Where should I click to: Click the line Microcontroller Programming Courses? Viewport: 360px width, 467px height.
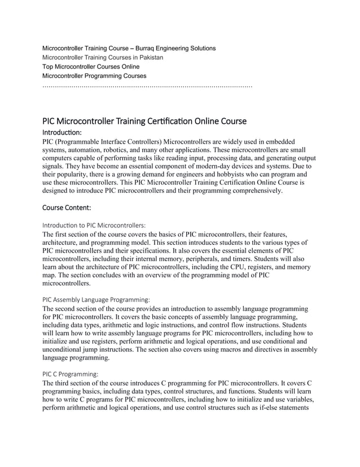click(x=94, y=76)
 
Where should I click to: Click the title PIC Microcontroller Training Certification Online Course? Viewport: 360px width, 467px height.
click(x=144, y=122)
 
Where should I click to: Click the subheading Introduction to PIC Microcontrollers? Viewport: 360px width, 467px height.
click(x=94, y=225)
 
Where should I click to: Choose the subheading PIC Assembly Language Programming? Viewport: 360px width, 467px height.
click(x=96, y=300)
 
